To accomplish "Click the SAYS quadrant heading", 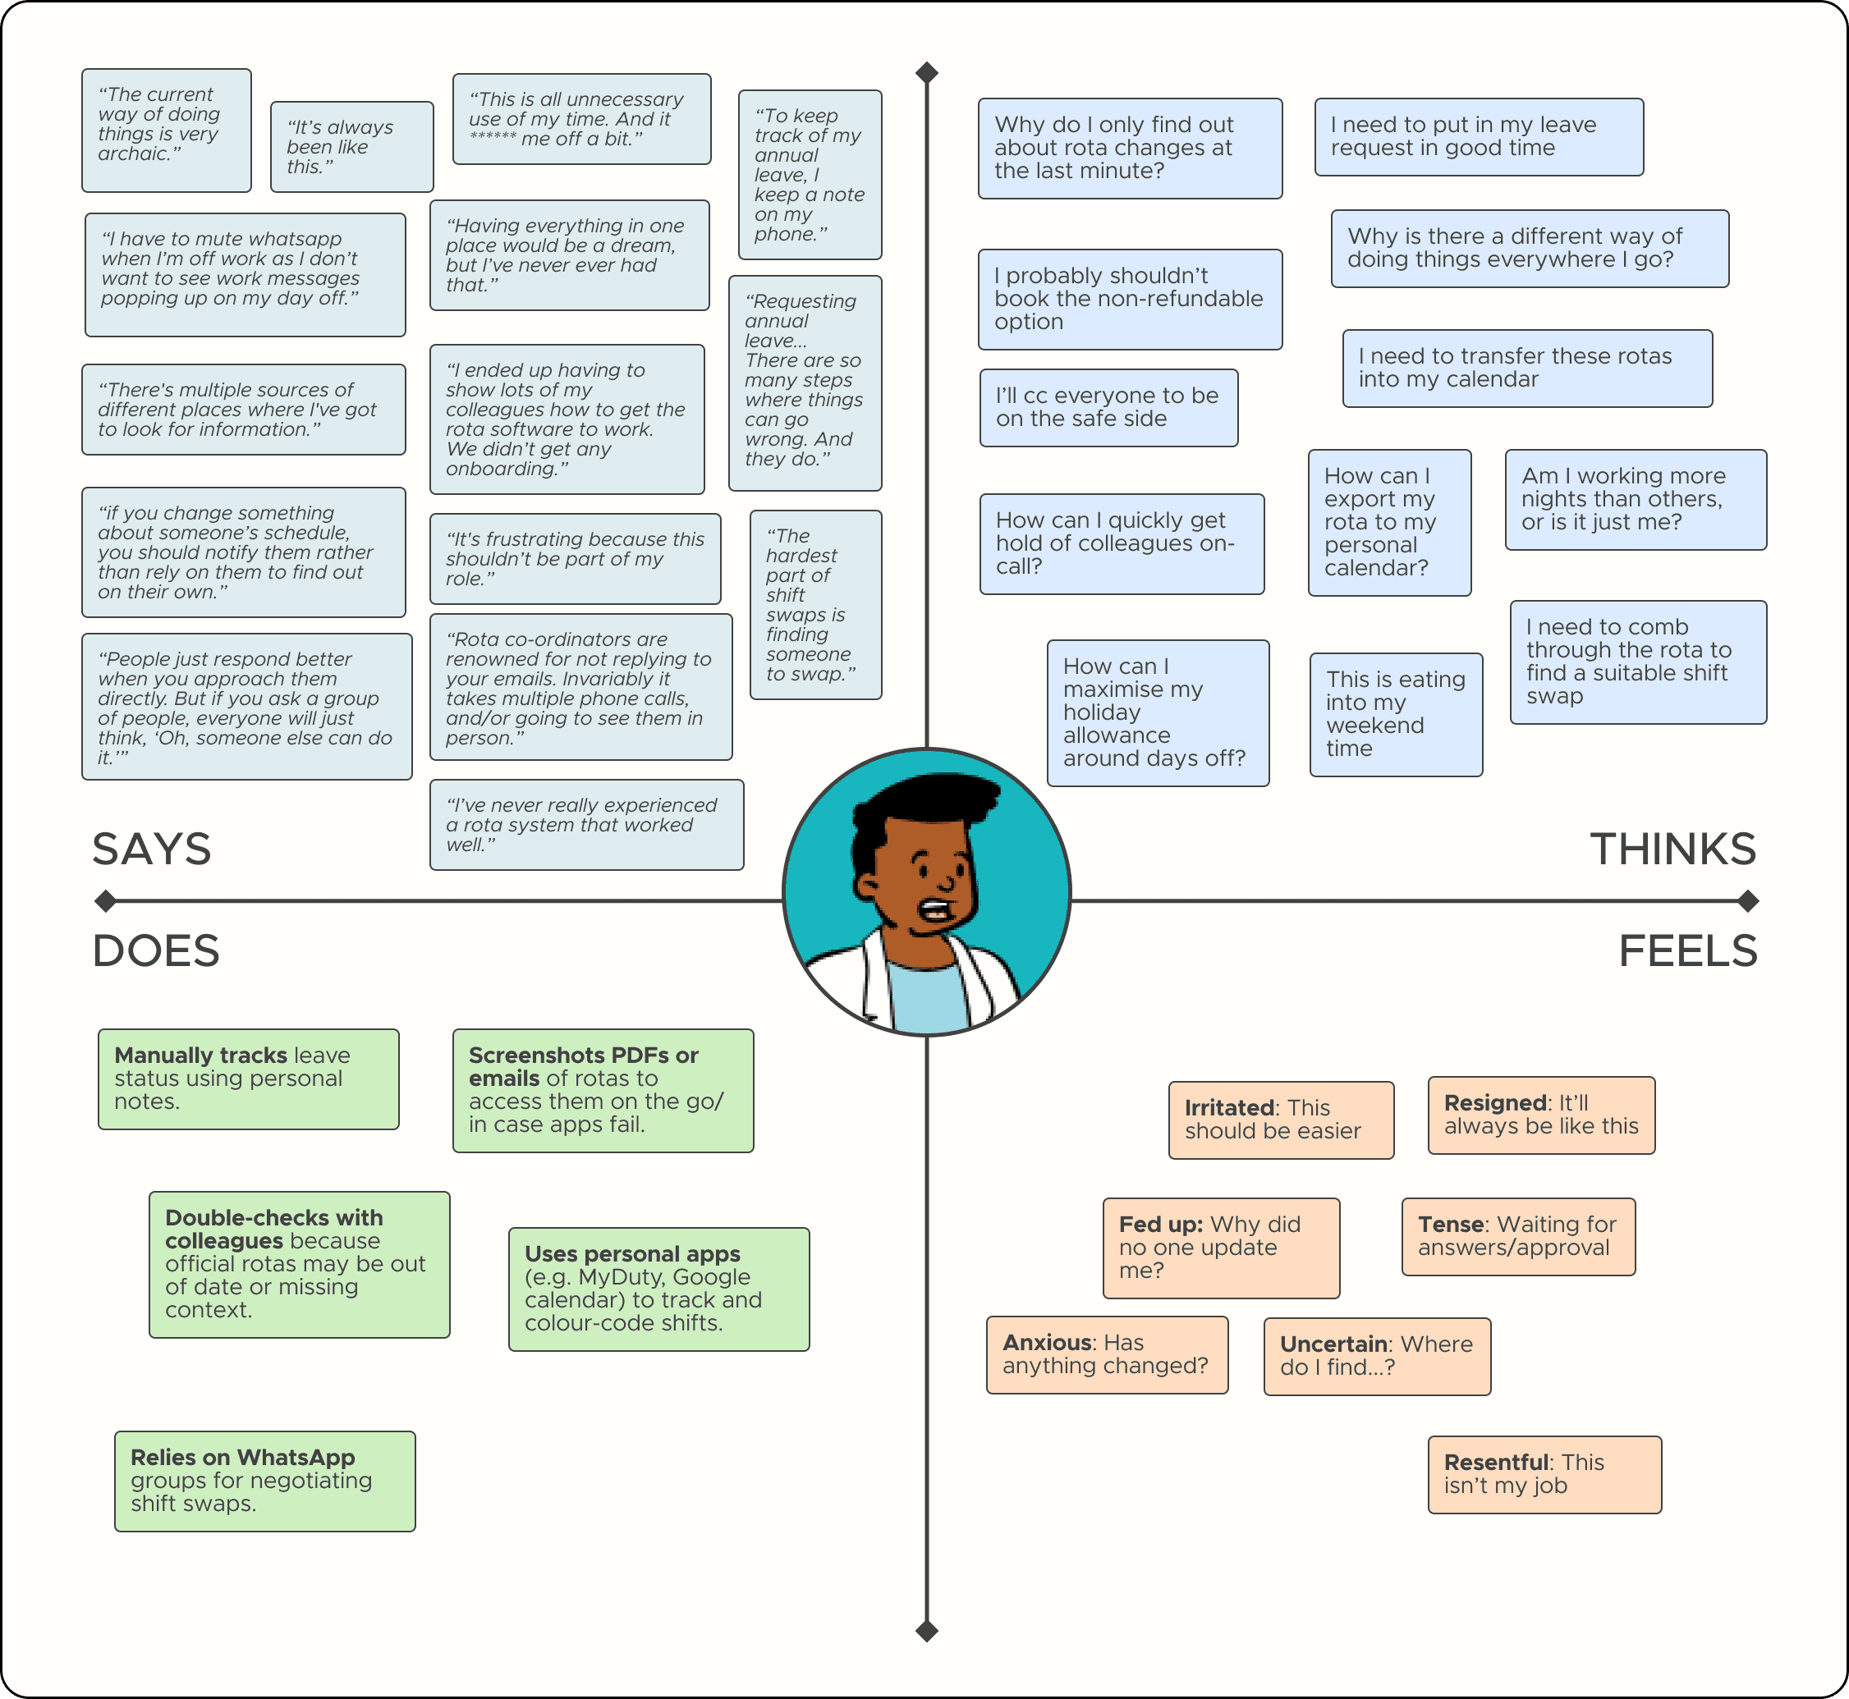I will coord(152,849).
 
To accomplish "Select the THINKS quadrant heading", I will coord(1672,849).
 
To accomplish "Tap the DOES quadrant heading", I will coord(156,950).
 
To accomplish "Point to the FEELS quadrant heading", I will coord(1687,950).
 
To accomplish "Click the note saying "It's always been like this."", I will coord(351,147).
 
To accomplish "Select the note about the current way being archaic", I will coord(167,130).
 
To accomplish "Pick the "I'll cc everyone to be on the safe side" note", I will coord(1108,407).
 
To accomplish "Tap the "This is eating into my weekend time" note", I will coord(1396,714).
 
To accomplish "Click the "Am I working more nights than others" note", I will coord(1635,499).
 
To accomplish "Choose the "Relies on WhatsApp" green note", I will coord(265,1480).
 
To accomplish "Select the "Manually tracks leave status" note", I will coord(248,1078).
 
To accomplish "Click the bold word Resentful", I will coord(1496,1462).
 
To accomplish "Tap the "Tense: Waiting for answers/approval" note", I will coord(1518,1235).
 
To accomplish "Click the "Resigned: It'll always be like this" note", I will coord(1541,1115).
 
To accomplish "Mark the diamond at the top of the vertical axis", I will coord(927,72).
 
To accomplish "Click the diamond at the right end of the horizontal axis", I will coord(1748,901).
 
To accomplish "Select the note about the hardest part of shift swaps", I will coord(814,605).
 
